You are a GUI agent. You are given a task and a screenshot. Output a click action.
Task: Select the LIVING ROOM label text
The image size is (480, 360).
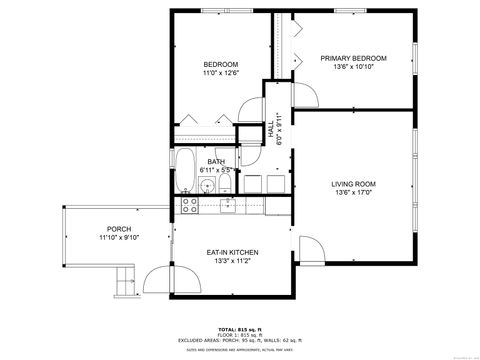tap(353, 184)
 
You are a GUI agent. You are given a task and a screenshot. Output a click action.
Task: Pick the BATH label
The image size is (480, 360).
tap(216, 162)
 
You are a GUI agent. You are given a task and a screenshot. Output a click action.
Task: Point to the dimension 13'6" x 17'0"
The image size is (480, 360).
tap(353, 193)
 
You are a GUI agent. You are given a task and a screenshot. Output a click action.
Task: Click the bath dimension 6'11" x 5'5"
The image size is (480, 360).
tap(216, 171)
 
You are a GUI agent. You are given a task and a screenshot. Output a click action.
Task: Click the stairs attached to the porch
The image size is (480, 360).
tap(123, 286)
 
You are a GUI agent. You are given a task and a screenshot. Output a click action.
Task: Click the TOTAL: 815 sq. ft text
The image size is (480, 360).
tap(239, 328)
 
